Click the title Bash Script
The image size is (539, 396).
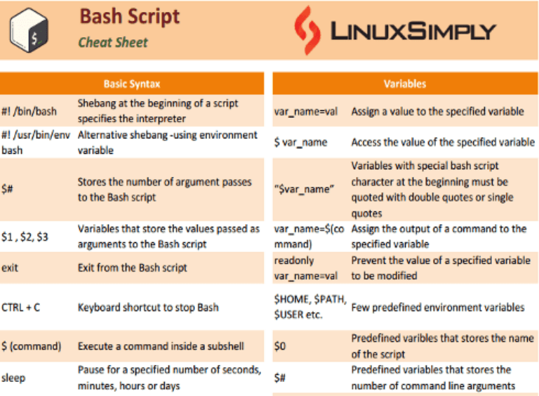[x=129, y=16]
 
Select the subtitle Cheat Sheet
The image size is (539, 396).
[x=113, y=42]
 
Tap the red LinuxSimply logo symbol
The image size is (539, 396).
[x=305, y=29]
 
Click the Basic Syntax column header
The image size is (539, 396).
[x=131, y=84]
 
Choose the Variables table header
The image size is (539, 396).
[x=405, y=84]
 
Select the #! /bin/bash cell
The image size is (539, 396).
[x=29, y=111]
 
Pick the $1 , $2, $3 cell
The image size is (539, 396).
[x=25, y=237]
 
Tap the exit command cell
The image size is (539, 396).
[x=11, y=268]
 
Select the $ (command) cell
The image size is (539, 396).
[x=31, y=346]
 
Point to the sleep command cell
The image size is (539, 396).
[x=13, y=378]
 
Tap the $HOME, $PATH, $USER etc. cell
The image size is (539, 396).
[x=310, y=307]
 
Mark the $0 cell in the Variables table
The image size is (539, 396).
[x=280, y=346]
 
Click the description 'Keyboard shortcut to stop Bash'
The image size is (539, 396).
[x=148, y=307]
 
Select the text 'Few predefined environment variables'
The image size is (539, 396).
[x=438, y=307]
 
